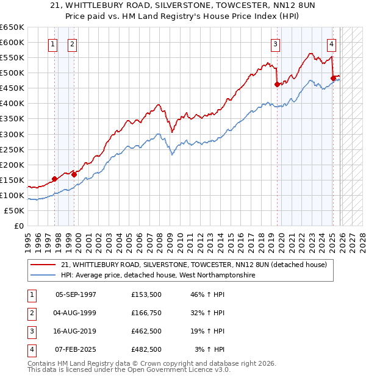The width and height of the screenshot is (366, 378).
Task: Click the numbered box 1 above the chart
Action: (x=52, y=44)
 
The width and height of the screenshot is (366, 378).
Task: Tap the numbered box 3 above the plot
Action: (x=275, y=44)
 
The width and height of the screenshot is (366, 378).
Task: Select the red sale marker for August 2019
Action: (x=277, y=85)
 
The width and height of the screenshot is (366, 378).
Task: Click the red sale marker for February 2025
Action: (x=333, y=78)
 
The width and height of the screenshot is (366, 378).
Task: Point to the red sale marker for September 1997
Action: (x=55, y=179)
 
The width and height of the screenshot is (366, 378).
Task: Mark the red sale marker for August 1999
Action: (x=74, y=174)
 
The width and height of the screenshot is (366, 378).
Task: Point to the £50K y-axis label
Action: (x=15, y=210)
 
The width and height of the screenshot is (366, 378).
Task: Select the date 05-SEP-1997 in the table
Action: (x=76, y=294)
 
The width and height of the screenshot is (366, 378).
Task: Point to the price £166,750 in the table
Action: (x=146, y=313)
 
